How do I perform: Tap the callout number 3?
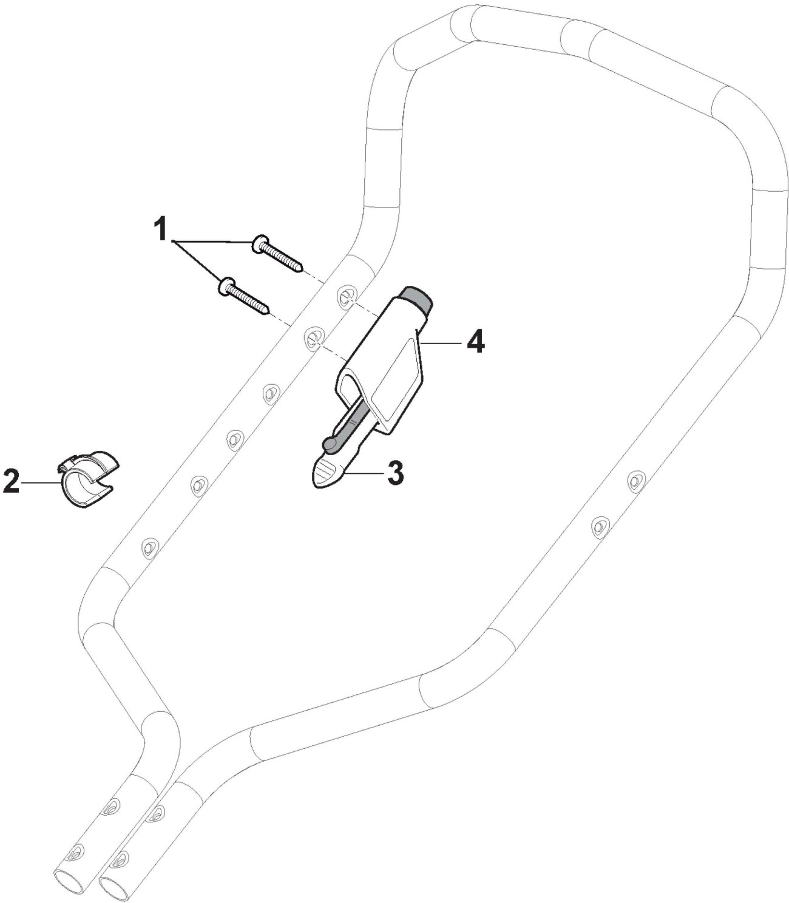pos(394,473)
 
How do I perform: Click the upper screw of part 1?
pos(277,254)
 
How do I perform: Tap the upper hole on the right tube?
pos(635,481)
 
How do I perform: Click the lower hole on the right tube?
pos(600,526)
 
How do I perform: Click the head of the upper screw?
pos(259,243)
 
